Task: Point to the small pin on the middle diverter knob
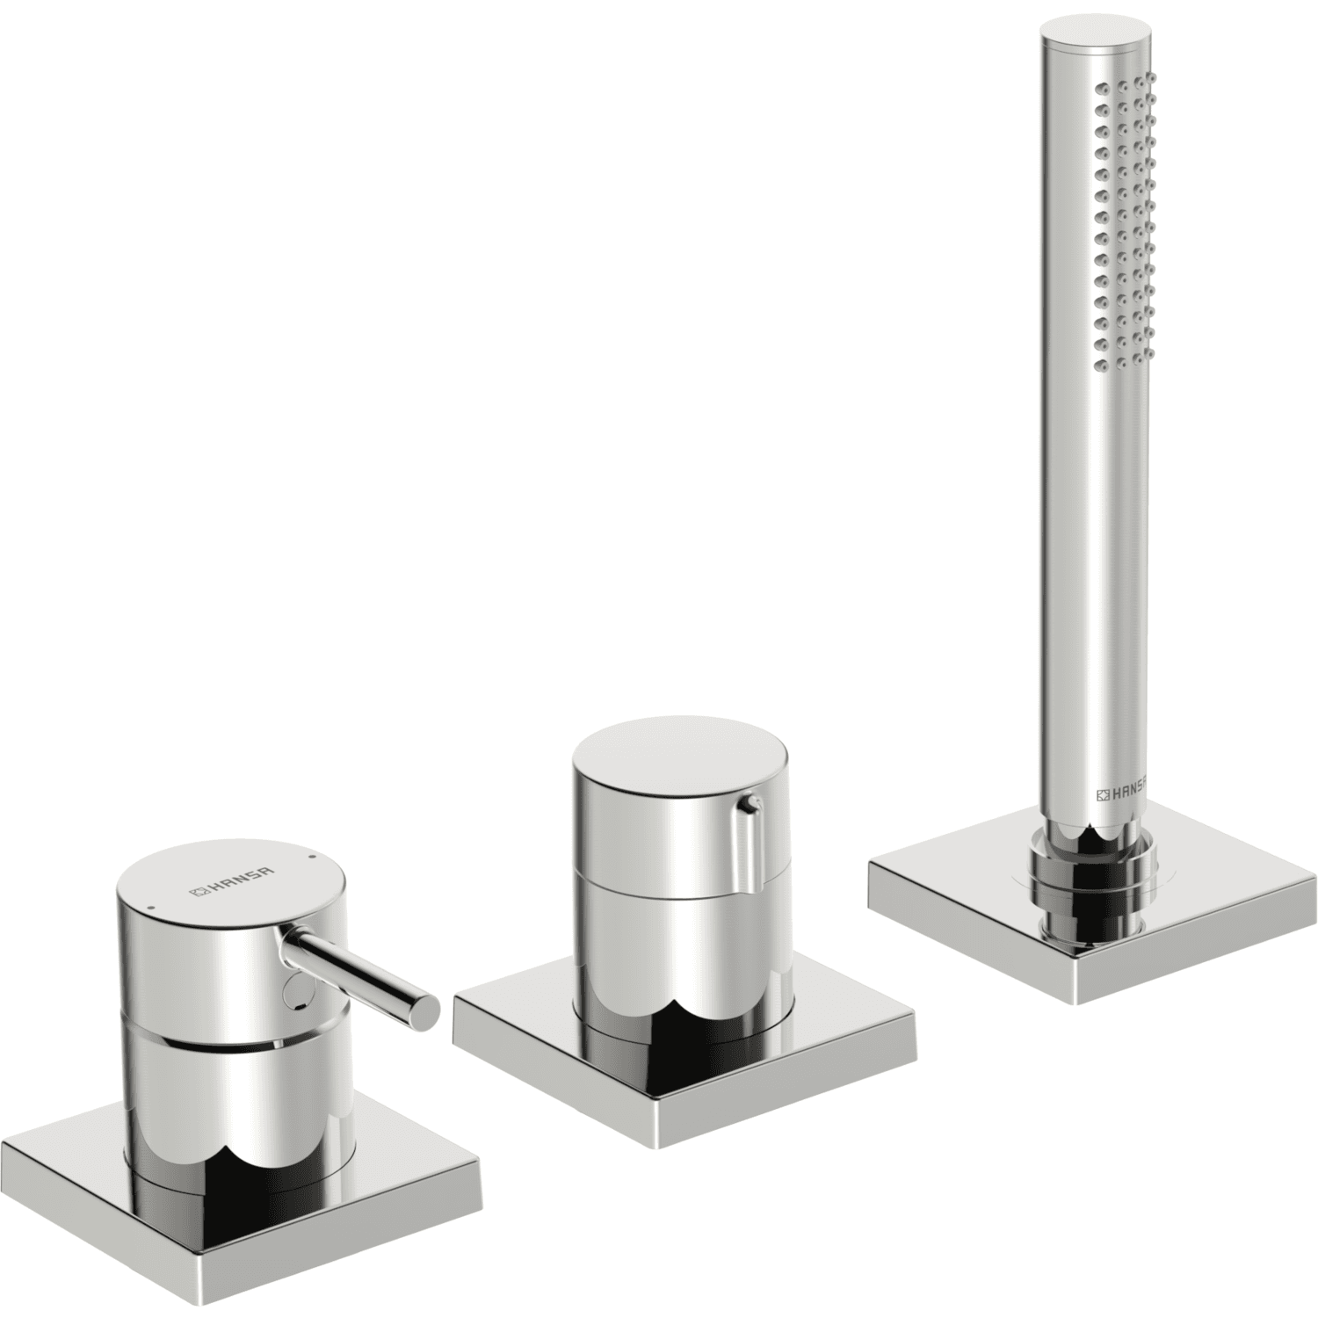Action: [749, 802]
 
